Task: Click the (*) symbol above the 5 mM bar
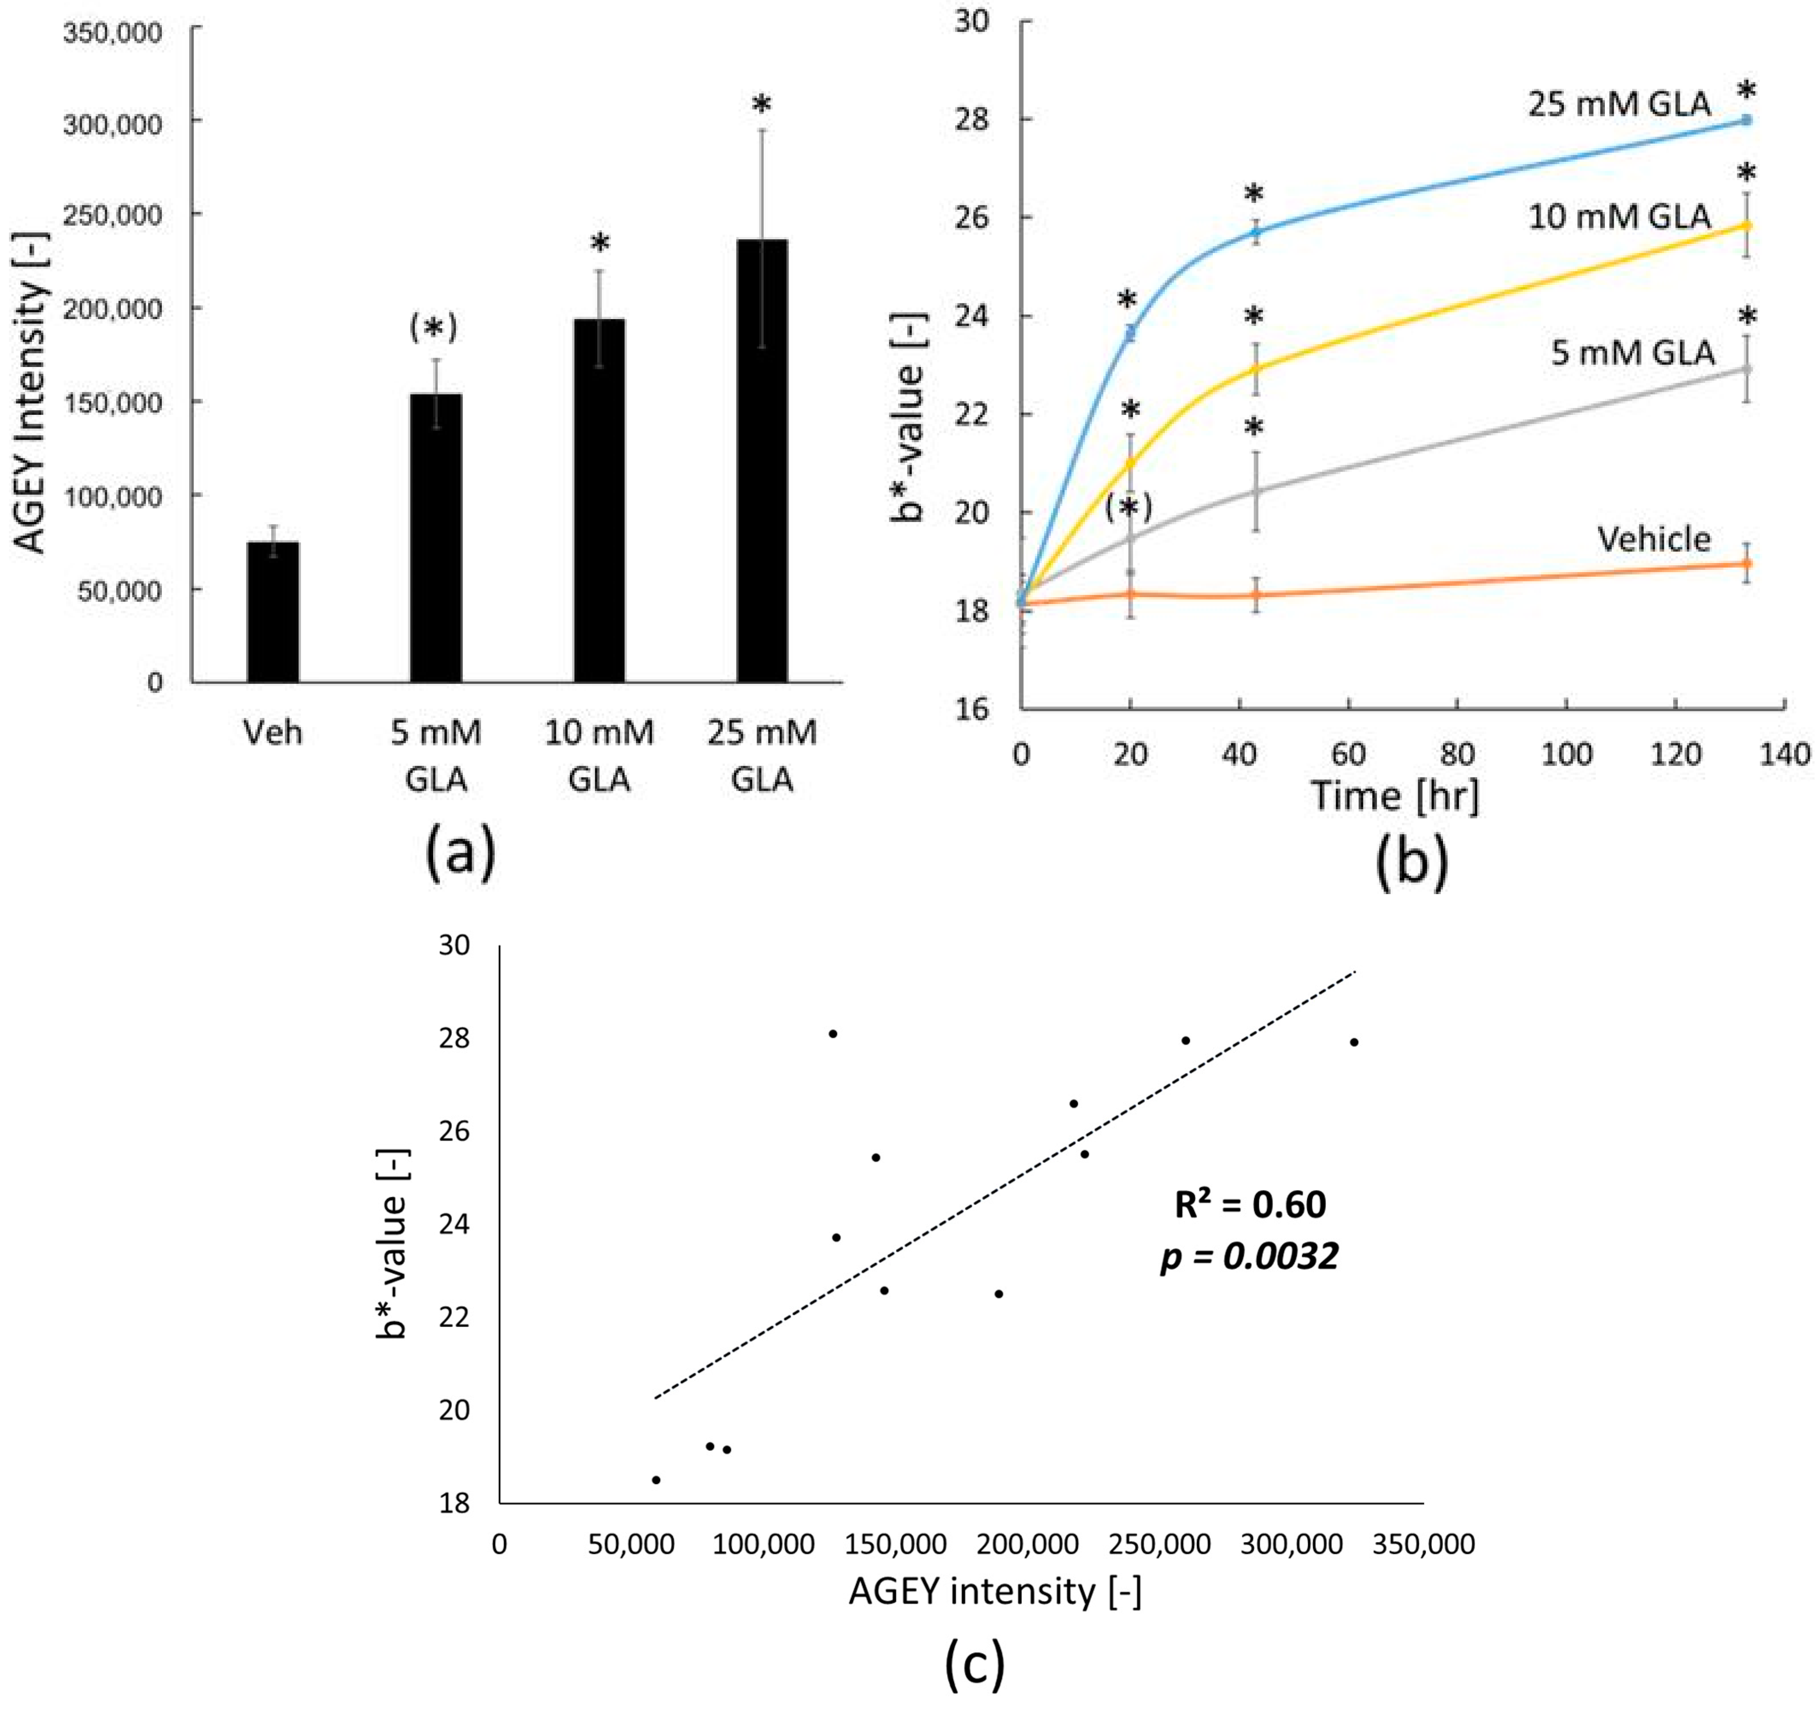(434, 327)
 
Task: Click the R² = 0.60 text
(1250, 1204)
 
